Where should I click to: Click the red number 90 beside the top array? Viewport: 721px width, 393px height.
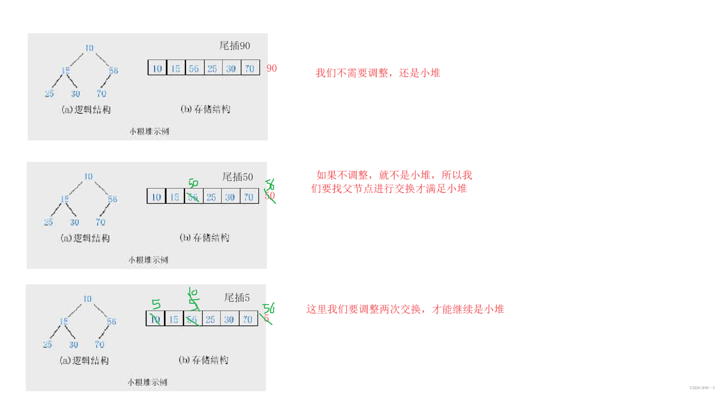(272, 68)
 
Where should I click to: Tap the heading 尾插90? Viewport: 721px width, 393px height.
(235, 46)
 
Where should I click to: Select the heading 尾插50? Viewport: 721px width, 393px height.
(238, 177)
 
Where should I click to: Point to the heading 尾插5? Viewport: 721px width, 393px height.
(237, 298)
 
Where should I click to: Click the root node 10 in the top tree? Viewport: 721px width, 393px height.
(89, 48)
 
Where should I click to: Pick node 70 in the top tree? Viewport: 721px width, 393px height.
(101, 93)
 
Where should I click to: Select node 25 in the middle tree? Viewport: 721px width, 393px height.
(49, 222)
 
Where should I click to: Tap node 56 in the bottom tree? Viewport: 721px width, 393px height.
(112, 321)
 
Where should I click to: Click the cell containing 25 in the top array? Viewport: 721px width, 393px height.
(212, 68)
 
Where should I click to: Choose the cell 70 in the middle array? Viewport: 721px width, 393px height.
(249, 197)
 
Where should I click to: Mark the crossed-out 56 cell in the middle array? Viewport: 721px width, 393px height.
(193, 197)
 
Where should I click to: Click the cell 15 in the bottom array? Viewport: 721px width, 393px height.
(174, 319)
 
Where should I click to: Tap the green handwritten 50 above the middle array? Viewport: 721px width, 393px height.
(193, 183)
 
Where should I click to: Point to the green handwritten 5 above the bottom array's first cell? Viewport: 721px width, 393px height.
(156, 304)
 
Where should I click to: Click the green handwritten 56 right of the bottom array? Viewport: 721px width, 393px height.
(269, 308)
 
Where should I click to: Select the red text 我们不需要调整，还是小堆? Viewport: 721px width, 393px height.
(378, 73)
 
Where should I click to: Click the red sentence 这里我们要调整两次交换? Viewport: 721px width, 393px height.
(405, 309)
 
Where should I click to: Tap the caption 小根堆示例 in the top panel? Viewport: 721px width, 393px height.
(149, 132)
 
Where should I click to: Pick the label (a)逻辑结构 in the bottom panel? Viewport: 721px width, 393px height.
(84, 360)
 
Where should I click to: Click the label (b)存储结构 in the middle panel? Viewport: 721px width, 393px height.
(204, 238)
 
